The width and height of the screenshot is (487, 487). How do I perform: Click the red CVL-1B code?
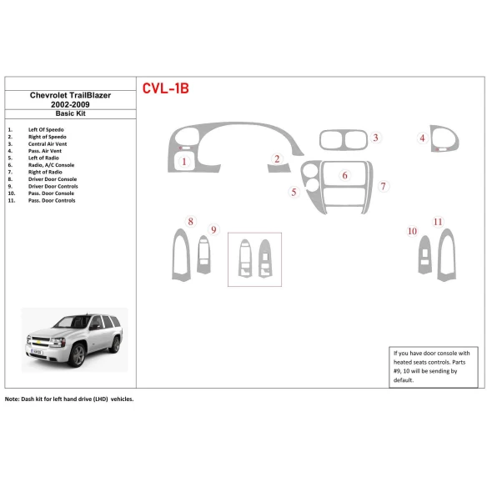[166, 88]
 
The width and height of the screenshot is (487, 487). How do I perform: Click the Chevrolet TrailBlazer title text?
[70, 96]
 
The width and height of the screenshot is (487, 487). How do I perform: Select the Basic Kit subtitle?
[70, 114]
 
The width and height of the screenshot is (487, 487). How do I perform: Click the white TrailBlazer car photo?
[74, 337]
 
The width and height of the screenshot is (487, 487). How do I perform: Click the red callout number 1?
[183, 163]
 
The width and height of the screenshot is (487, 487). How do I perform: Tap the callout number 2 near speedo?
[277, 158]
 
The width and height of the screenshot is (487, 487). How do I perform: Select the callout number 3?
[376, 138]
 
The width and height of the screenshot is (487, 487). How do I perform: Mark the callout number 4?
[423, 138]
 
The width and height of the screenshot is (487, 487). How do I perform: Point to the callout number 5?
[294, 193]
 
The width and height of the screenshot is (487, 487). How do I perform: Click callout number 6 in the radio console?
[344, 176]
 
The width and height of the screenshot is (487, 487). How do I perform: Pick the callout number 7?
[383, 186]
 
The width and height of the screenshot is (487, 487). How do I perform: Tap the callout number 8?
[191, 221]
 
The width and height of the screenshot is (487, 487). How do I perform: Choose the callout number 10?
[412, 231]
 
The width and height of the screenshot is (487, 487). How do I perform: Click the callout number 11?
[438, 221]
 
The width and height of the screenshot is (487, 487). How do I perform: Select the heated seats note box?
[432, 367]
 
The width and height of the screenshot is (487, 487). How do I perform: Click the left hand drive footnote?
[69, 399]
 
